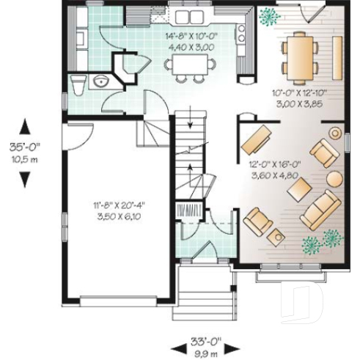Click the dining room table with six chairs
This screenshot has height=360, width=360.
[302, 56]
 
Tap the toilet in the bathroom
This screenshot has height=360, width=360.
[77, 81]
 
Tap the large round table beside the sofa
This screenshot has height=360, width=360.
[334, 178]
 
